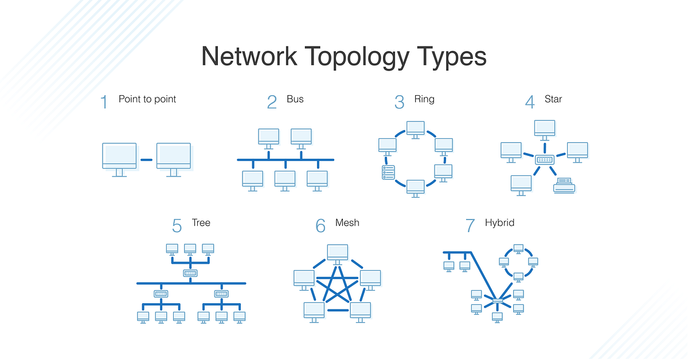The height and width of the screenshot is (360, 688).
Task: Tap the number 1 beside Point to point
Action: click(x=104, y=102)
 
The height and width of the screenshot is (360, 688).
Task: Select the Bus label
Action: click(x=295, y=99)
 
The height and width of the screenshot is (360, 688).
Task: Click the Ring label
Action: click(x=424, y=99)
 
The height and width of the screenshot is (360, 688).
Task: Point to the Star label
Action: click(x=553, y=99)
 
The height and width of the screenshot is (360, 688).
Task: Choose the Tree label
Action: click(x=201, y=222)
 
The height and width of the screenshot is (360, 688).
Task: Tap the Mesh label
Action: click(x=347, y=222)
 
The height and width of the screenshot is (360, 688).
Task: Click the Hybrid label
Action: click(x=499, y=222)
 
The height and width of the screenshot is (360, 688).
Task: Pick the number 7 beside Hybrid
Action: click(x=471, y=226)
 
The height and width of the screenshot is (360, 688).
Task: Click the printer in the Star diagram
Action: click(x=564, y=185)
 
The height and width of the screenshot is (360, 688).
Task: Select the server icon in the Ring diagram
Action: click(x=388, y=171)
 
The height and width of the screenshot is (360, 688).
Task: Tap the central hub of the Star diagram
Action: click(x=544, y=160)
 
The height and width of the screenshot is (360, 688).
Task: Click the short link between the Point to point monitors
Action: click(x=146, y=160)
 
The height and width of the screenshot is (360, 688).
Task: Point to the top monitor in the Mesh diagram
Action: click(x=338, y=252)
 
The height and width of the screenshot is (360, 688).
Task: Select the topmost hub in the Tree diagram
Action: click(x=190, y=273)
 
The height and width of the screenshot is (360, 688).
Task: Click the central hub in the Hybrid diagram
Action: click(x=497, y=300)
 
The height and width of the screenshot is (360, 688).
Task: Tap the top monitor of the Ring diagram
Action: click(x=415, y=128)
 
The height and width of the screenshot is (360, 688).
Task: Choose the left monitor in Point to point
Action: click(x=119, y=156)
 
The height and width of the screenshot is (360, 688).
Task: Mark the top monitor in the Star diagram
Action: click(x=544, y=128)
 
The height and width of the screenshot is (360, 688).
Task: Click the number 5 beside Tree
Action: click(x=177, y=226)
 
